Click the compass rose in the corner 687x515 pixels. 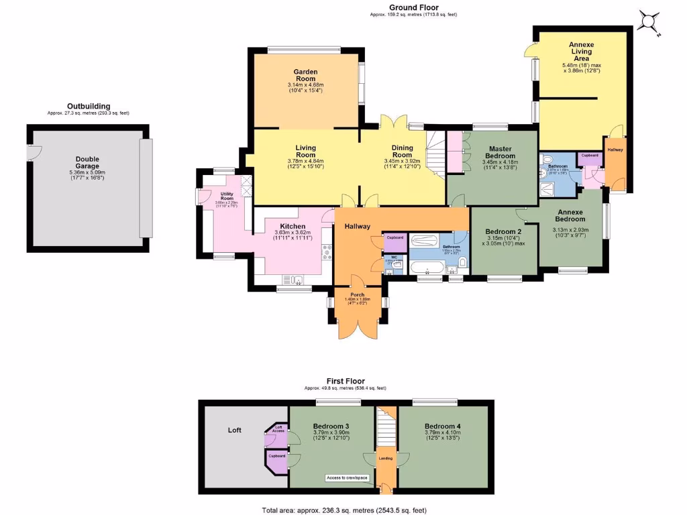pyautogui.click(x=649, y=22)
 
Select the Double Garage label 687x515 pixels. pyautogui.click(x=87, y=163)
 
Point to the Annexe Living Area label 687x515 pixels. pyautogui.click(x=581, y=52)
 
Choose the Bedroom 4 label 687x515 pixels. pyautogui.click(x=443, y=426)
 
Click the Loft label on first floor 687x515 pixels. pyautogui.click(x=234, y=430)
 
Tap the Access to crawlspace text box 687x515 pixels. pyautogui.click(x=346, y=477)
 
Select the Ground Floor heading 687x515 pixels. pyautogui.click(x=413, y=7)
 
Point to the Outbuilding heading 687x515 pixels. pyautogui.click(x=89, y=106)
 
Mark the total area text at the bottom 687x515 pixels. pyautogui.click(x=343, y=510)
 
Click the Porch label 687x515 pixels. pyautogui.click(x=358, y=294)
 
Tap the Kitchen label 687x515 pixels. pyautogui.click(x=293, y=227)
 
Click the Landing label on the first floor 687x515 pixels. pyautogui.click(x=386, y=459)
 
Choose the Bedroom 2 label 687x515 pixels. pyautogui.click(x=504, y=232)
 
